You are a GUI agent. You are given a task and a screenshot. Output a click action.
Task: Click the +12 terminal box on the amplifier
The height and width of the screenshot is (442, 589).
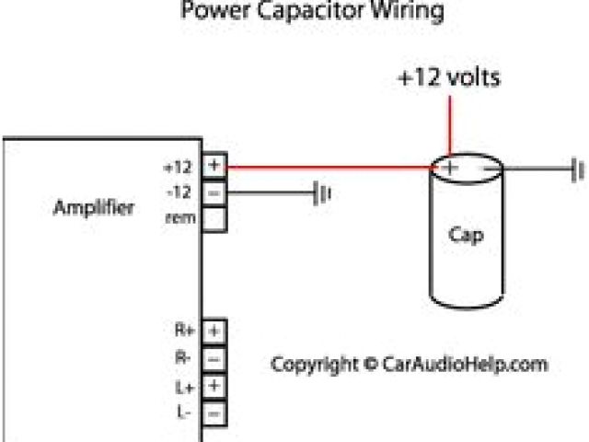214,167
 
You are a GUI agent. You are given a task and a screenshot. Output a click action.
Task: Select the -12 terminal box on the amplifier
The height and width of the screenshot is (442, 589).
214,193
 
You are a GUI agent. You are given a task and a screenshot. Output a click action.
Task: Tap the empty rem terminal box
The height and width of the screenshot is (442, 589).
214,219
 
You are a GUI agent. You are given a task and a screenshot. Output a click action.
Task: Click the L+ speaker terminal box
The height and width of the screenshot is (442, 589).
214,386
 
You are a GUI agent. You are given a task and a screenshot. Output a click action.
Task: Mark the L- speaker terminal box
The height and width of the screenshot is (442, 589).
214,413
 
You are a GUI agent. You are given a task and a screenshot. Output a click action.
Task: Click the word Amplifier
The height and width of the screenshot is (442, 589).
94,207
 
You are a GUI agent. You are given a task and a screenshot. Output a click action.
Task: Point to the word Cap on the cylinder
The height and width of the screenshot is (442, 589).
466,235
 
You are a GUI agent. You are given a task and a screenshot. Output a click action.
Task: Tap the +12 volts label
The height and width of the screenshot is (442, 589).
450,77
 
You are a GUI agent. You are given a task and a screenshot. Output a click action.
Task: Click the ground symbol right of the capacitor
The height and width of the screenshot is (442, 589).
578,169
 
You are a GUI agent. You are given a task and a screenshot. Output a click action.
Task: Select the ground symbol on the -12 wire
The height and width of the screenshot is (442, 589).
321,194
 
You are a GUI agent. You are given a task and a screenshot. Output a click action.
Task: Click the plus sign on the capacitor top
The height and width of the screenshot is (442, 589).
450,168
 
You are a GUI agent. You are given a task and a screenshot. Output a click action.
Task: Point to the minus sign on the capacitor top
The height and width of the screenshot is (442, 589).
484,169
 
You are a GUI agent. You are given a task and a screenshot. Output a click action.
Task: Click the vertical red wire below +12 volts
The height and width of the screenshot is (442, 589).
450,124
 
